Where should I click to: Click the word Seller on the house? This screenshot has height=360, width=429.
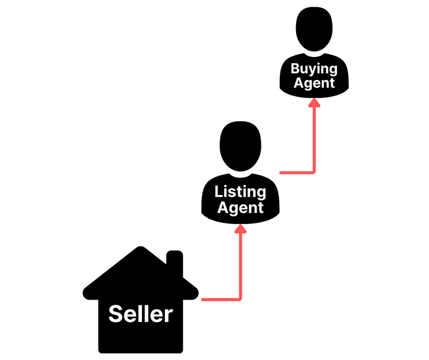140,314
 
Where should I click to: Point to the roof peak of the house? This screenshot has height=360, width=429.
136,250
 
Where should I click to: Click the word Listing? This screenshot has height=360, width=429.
240,192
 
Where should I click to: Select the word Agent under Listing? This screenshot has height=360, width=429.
240,208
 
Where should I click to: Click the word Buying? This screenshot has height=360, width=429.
314,69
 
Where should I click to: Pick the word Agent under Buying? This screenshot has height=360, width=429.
314,83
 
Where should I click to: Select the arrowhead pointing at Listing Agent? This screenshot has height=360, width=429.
240,229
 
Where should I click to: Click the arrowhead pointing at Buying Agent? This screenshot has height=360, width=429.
314,102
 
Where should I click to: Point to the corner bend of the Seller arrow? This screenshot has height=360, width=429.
240,299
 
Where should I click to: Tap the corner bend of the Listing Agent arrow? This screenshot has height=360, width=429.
313,172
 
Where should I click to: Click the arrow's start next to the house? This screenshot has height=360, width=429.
203,300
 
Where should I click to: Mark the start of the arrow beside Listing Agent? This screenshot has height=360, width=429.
281,172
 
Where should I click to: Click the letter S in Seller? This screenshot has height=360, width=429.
115,314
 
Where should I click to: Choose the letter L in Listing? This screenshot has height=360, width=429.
219,192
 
